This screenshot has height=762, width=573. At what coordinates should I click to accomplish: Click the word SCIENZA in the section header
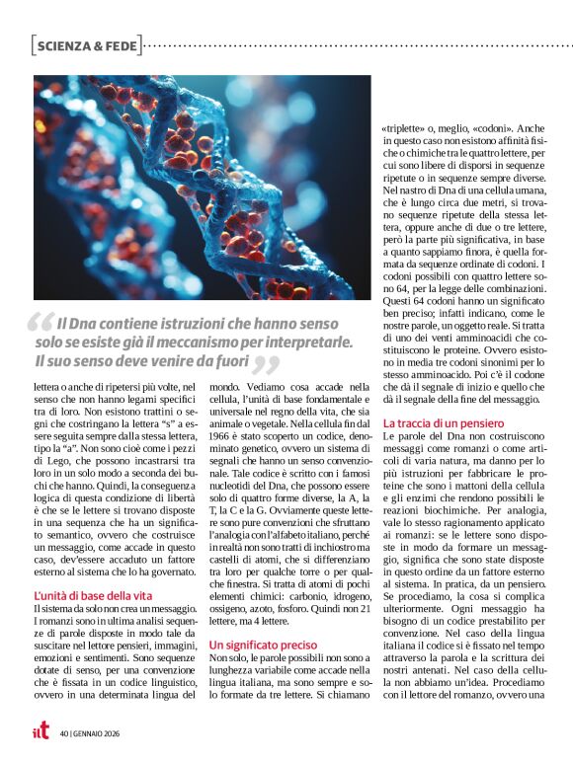(63, 44)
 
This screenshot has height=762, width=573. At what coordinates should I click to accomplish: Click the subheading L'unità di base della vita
(93, 595)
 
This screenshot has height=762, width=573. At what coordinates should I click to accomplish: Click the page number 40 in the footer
(63, 732)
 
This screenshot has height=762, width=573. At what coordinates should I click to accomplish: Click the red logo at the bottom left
(41, 731)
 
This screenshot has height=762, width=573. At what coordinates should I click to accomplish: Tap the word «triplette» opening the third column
(405, 129)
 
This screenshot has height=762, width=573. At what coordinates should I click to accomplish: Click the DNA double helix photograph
(203, 188)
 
